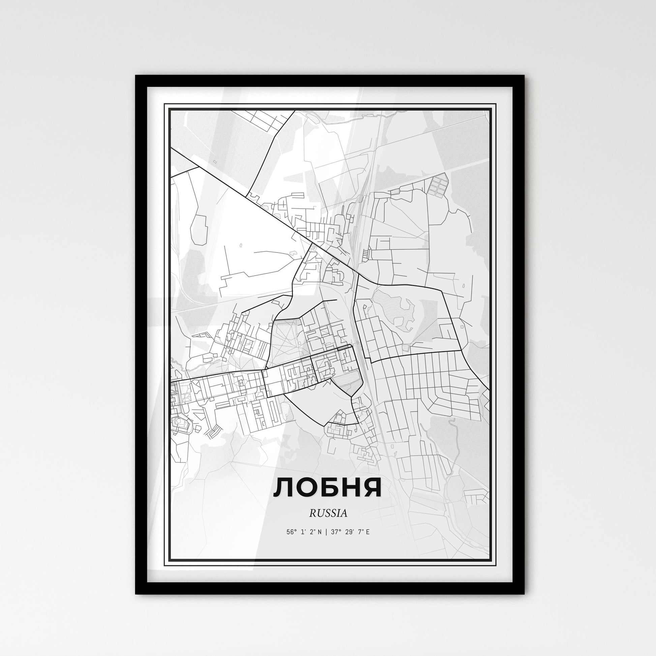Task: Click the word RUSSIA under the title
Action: tap(328, 513)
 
